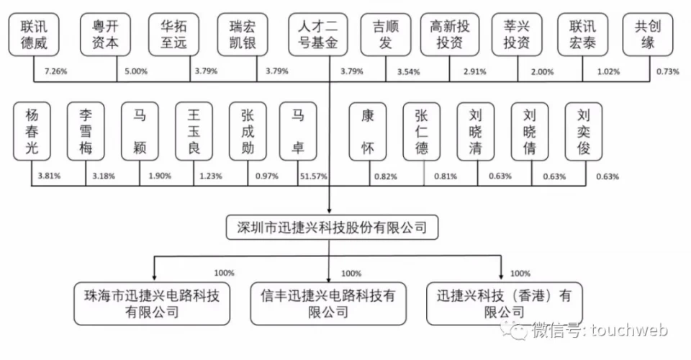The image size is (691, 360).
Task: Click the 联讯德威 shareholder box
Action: [34, 35]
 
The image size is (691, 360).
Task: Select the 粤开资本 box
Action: [105, 35]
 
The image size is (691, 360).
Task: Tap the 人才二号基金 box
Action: [317, 35]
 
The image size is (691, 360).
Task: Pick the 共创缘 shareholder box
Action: [648, 35]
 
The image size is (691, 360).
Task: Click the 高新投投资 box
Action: [449, 35]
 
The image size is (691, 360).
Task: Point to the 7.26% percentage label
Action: [56, 71]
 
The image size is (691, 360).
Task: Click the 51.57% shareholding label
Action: [313, 176]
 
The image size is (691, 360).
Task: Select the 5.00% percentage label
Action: [136, 71]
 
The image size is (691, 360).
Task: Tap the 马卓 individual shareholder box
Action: [298, 131]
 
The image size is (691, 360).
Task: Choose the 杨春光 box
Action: [32, 131]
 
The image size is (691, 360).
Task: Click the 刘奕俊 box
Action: [584, 131]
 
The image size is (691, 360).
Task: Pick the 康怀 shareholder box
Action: [368, 131]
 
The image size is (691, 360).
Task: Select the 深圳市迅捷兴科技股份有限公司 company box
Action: [333, 228]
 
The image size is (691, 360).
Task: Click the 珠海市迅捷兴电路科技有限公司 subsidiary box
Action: [152, 304]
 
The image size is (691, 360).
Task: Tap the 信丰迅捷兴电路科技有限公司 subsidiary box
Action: [328, 304]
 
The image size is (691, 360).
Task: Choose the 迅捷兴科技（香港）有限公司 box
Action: [505, 304]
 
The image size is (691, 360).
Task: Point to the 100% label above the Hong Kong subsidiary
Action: [520, 274]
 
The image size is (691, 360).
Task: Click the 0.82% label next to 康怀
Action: [386, 176]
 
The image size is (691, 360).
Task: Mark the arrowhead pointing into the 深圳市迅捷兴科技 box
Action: [329, 211]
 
